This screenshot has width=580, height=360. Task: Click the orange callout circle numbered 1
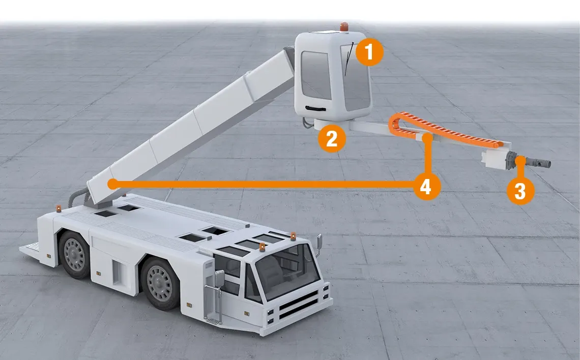tap(369, 52)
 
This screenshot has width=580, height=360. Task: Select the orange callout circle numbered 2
tap(332, 139)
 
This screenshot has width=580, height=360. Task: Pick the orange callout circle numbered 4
tap(426, 187)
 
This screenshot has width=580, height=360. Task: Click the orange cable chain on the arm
tap(448, 132)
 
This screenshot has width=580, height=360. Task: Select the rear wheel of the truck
tap(74, 254)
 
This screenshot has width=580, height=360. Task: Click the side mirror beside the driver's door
tap(220, 278)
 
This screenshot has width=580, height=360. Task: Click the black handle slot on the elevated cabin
tap(316, 108)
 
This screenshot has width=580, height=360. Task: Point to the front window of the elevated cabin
tap(316, 75)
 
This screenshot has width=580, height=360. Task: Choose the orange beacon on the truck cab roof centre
tap(262, 247)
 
